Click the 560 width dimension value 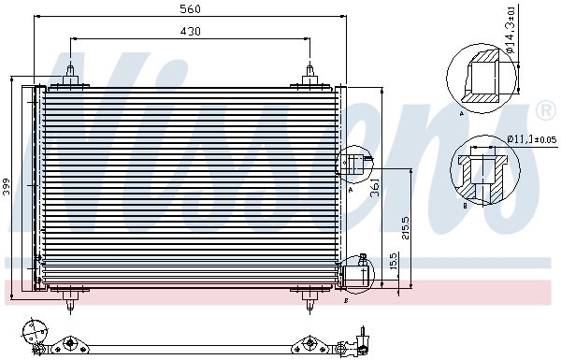click(190, 9)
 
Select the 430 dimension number click(190, 31)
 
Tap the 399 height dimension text click(7, 186)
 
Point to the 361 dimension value click(375, 187)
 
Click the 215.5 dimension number click(406, 227)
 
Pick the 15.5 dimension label click(393, 261)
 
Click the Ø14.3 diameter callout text click(511, 29)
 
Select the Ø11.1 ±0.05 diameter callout click(532, 138)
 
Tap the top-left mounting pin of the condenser click(70, 76)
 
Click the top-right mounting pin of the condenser click(309, 76)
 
